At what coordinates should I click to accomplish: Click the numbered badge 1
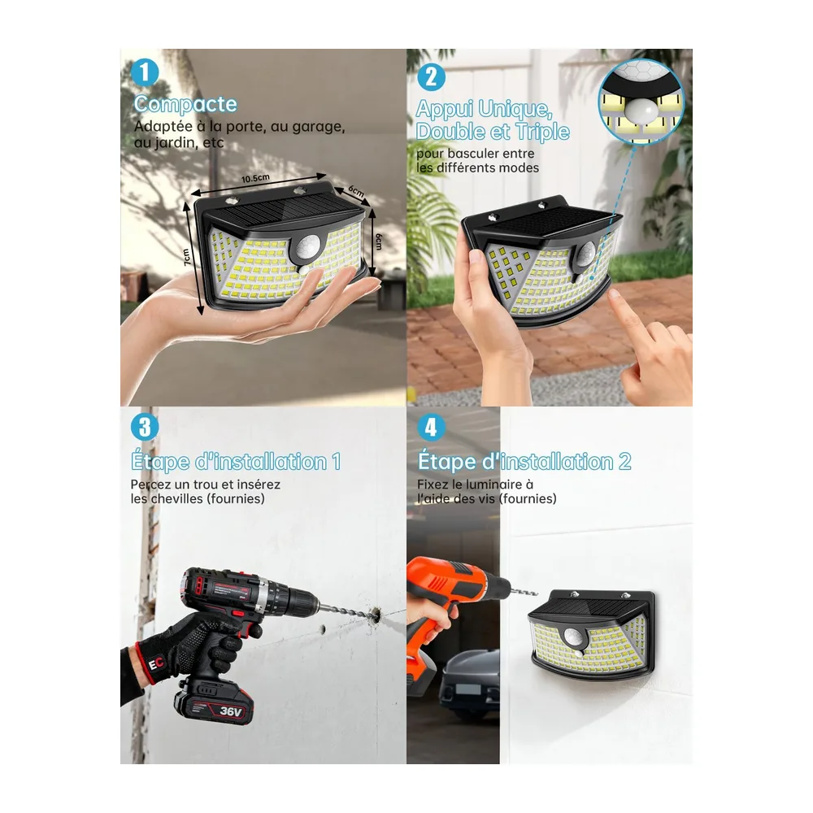click(x=145, y=72)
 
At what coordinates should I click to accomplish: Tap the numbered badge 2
click(x=431, y=76)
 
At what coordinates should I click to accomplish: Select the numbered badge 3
click(x=145, y=428)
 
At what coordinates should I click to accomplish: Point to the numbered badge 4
click(x=431, y=428)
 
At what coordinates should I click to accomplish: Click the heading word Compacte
click(x=185, y=104)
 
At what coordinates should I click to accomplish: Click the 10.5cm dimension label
click(x=255, y=178)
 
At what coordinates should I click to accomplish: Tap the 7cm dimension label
click(x=187, y=257)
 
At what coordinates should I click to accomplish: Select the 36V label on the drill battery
click(x=230, y=711)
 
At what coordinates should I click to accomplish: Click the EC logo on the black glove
click(x=155, y=662)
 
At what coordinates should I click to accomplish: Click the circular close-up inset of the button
click(x=641, y=103)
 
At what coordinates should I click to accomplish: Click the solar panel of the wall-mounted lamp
click(x=591, y=606)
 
